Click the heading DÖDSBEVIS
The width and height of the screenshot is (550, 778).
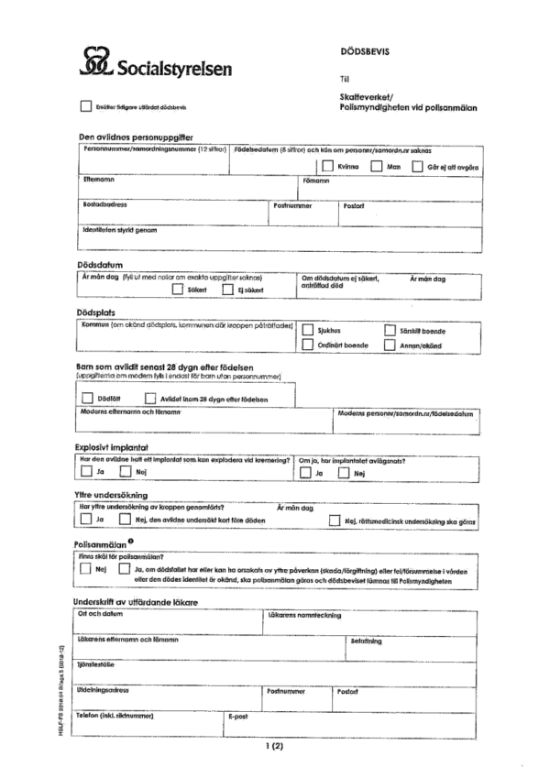[x=364, y=51]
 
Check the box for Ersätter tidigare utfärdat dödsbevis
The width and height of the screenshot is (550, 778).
[x=87, y=106]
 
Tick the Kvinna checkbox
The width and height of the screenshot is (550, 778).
[x=327, y=167]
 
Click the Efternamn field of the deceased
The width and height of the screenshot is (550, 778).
[x=183, y=187]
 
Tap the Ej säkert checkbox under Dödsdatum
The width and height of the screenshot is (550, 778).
[x=226, y=290]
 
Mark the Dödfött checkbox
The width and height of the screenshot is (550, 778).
[x=87, y=398]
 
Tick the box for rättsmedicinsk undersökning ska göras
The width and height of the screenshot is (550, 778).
[x=335, y=520]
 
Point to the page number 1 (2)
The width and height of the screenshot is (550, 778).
[x=275, y=747]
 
